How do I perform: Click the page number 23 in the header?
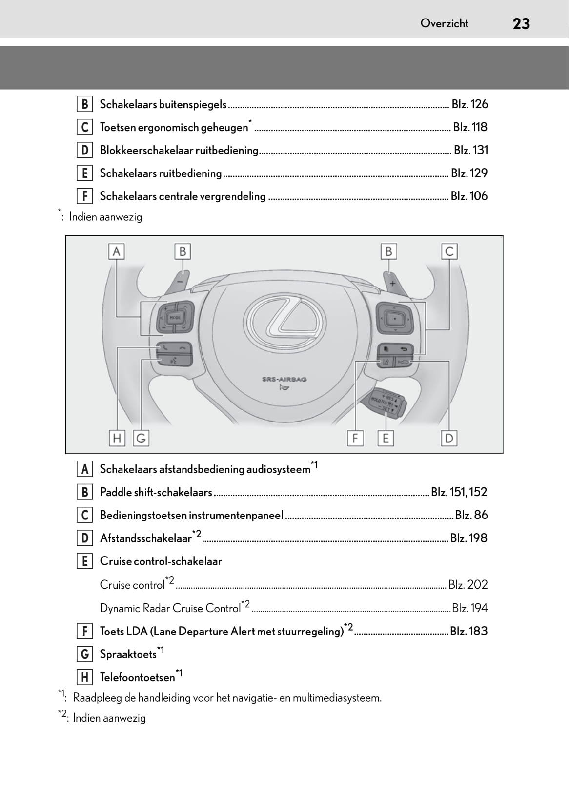[521, 23]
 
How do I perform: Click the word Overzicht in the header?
[444, 23]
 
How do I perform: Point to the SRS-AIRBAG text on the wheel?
[284, 379]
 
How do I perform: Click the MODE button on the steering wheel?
[175, 318]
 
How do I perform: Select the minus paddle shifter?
[180, 282]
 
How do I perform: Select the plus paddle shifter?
[392, 283]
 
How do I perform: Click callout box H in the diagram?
[117, 438]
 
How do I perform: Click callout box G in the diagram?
[141, 438]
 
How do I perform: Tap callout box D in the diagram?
[449, 438]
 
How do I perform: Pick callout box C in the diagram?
[449, 251]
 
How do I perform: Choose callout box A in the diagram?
[116, 251]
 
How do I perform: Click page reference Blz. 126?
[469, 104]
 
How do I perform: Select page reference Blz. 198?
[468, 538]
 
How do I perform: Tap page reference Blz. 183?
[468, 631]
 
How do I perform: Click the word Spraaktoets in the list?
[128, 654]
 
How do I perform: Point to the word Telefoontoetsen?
[137, 677]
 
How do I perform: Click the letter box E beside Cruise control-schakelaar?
[84, 561]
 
